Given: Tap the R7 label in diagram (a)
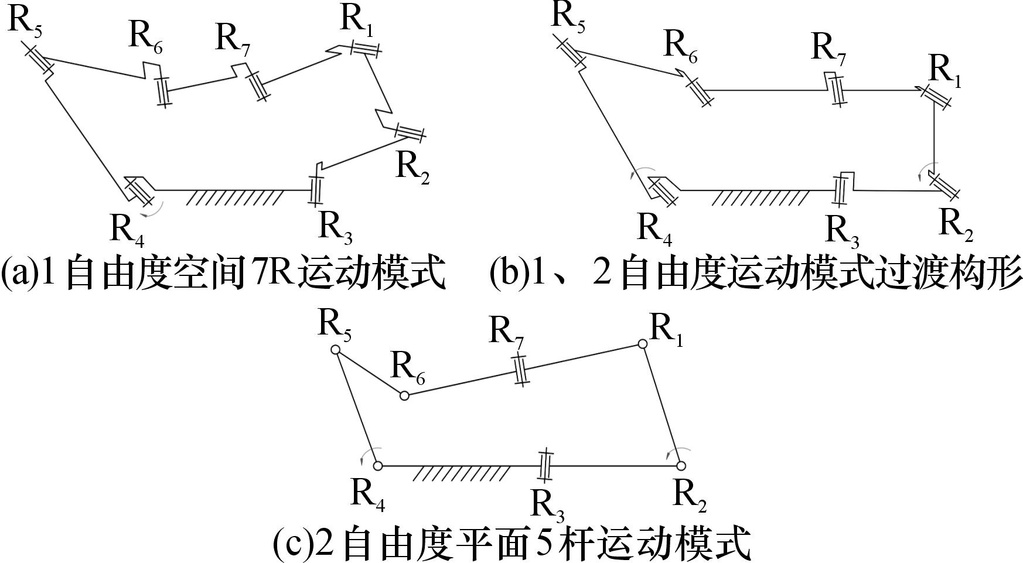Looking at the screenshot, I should tap(233, 39).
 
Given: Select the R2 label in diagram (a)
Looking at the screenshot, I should tap(412, 168).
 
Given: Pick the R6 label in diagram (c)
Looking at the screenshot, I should tap(407, 368).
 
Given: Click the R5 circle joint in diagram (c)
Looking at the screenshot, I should tap(336, 350).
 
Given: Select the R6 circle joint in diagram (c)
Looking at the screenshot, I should tap(404, 396).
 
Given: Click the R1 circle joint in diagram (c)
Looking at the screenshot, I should tap(643, 344).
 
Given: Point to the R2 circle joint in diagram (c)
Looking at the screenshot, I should tap(681, 466).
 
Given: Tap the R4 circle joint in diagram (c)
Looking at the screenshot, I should tap(378, 466).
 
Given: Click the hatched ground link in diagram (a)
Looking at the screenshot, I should tap(234, 197).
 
